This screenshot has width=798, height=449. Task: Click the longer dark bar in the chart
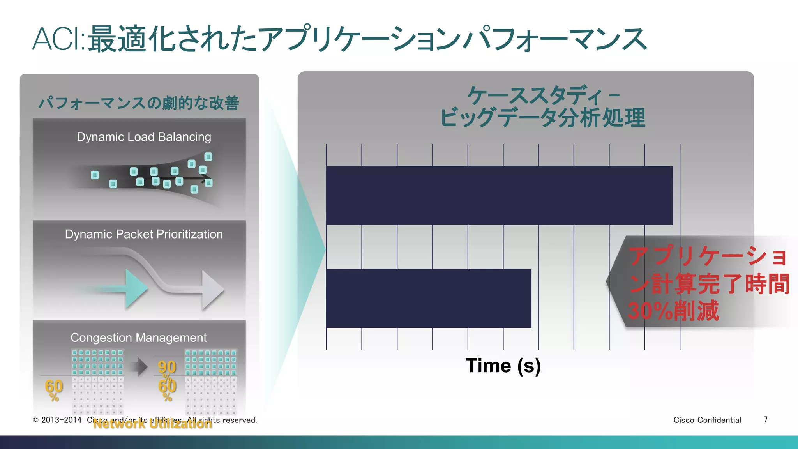pyautogui.click(x=499, y=195)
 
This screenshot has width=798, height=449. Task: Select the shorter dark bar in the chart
pyautogui.click(x=429, y=298)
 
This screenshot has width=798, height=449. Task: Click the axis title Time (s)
pyautogui.click(x=503, y=366)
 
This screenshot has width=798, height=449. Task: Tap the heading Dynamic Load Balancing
pyautogui.click(x=144, y=137)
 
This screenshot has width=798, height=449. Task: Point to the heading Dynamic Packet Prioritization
pyautogui.click(x=144, y=234)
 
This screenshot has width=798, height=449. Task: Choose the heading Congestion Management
pyautogui.click(x=138, y=338)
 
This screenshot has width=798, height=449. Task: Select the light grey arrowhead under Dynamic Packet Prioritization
pyautogui.click(x=212, y=290)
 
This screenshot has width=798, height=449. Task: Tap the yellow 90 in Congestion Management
pyautogui.click(x=167, y=367)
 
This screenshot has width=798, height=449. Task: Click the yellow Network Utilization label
pyautogui.click(x=152, y=424)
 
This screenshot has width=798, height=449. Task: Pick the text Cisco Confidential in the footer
pyautogui.click(x=707, y=420)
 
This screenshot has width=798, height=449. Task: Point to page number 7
pyautogui.click(x=766, y=419)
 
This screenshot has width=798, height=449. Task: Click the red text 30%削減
pyautogui.click(x=673, y=311)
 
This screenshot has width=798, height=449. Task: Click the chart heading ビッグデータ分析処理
pyautogui.click(x=542, y=117)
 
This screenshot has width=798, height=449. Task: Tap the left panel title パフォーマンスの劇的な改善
pyautogui.click(x=138, y=103)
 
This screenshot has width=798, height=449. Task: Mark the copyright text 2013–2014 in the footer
pyautogui.click(x=61, y=420)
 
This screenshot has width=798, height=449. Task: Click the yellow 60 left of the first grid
pyautogui.click(x=54, y=386)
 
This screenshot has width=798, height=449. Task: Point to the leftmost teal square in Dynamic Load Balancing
pyautogui.click(x=95, y=175)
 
